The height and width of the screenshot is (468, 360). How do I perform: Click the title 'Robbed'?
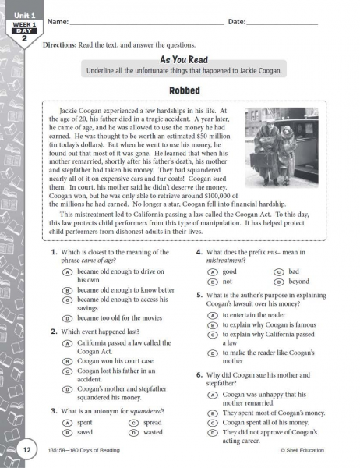[x=185, y=90]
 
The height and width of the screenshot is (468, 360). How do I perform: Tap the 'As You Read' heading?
[x=184, y=59]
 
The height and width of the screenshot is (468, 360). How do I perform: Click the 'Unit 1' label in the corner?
[x=25, y=14]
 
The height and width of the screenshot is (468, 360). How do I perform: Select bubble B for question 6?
[x=212, y=413]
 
